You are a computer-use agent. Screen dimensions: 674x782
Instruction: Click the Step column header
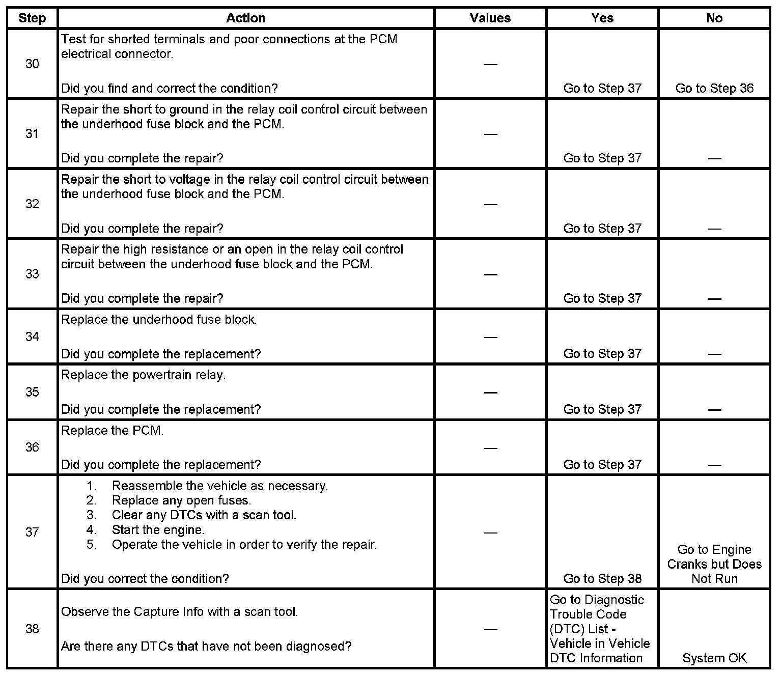[32, 18]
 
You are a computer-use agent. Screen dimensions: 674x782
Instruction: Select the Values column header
[490, 18]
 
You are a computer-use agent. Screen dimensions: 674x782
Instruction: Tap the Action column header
[246, 18]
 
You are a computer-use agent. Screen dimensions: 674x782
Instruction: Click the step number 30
[32, 64]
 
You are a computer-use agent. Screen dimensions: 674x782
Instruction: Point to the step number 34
[32, 337]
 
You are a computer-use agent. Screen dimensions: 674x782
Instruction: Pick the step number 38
[32, 629]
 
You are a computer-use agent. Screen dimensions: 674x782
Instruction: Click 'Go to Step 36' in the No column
[714, 89]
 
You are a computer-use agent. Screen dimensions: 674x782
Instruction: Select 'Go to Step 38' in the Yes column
[602, 579]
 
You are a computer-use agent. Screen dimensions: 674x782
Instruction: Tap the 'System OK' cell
[714, 658]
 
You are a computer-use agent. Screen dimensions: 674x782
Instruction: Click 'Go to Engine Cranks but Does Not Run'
[714, 564]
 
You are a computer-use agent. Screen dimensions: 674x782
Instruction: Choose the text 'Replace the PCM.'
[113, 431]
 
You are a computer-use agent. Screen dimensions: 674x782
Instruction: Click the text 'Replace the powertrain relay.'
[144, 375]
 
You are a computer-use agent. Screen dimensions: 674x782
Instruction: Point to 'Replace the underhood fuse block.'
[159, 320]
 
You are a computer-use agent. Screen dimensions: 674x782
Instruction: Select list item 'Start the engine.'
[158, 530]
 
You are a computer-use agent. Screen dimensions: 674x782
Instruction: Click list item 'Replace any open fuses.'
[182, 500]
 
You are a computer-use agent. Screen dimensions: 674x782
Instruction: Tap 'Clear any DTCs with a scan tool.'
[204, 515]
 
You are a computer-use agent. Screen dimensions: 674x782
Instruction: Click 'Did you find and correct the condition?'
[170, 89]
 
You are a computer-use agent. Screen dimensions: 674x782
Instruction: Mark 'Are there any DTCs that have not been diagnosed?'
[206, 647]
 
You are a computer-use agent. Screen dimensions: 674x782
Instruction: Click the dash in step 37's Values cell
[490, 532]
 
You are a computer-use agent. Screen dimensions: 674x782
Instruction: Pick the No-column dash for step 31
[714, 159]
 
